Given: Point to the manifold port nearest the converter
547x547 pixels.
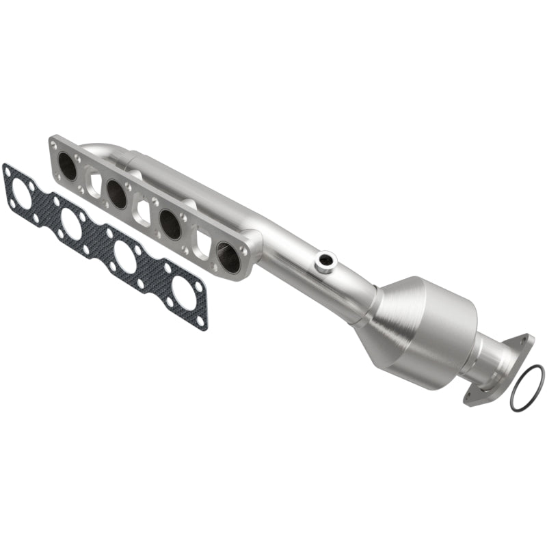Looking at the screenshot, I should [228, 256].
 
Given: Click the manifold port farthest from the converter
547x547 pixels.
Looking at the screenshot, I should [68, 165].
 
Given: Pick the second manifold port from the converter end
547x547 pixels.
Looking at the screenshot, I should [170, 224].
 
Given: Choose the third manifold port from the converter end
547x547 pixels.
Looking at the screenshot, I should [117, 194].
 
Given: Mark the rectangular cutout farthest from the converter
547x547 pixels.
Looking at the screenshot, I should [94, 183].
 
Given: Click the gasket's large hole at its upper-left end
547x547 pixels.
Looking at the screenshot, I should [21, 194].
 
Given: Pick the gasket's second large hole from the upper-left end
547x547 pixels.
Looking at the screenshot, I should [72, 224].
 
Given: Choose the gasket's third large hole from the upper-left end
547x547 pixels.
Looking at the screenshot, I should [125, 256].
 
